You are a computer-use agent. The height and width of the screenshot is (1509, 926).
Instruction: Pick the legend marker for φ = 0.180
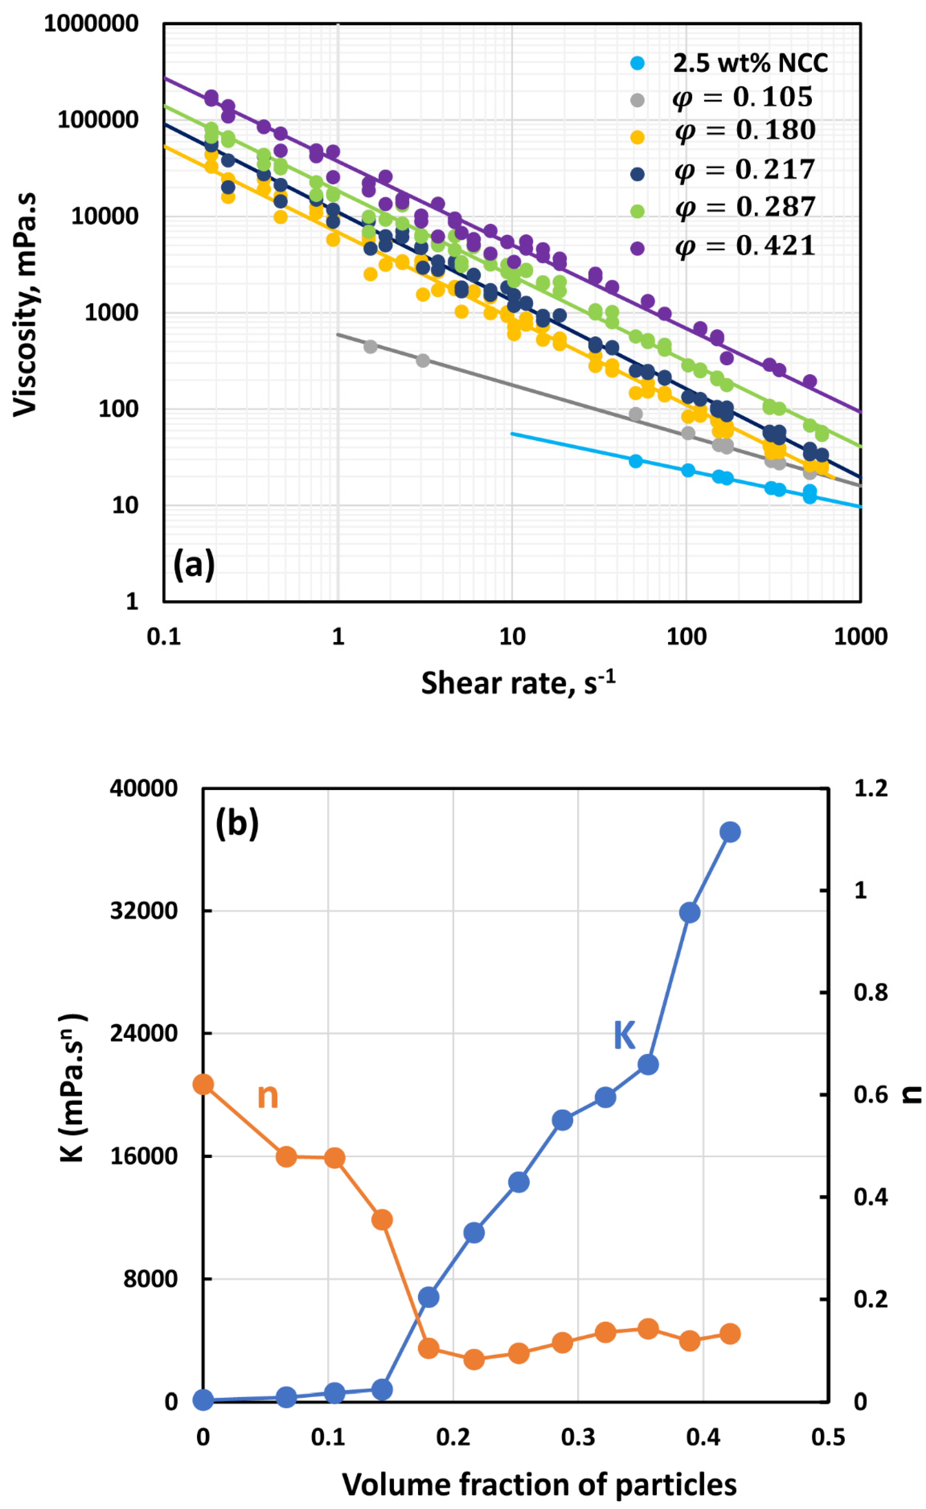637,137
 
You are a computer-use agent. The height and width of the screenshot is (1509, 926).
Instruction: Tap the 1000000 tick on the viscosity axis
91,24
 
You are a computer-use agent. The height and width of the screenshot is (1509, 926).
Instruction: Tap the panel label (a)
194,563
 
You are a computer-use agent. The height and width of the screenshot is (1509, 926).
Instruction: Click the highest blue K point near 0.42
730,832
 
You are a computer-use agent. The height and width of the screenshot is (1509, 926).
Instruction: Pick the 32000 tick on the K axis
143,910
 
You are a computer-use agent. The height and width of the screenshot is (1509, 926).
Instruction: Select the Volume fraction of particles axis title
539,1485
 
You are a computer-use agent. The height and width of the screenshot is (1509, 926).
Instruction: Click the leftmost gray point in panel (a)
370,346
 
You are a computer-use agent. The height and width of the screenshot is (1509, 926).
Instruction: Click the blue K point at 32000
690,912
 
